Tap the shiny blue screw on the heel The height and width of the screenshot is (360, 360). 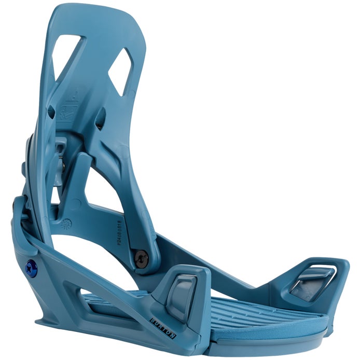point(30,267)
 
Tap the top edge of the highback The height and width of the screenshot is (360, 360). point(99,9)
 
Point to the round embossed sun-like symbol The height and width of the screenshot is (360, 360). point(65,225)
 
